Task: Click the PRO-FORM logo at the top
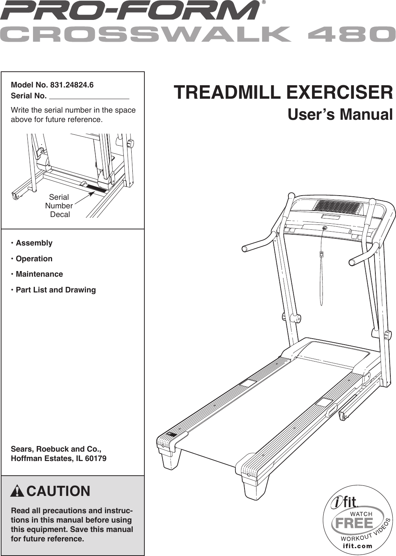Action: [129, 11]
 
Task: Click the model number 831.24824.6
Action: [72, 85]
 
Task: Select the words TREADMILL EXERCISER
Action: [283, 92]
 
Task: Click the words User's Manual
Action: [340, 115]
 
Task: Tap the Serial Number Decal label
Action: [59, 206]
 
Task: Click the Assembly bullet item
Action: [34, 243]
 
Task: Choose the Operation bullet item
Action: [34, 259]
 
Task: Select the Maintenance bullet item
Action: [39, 274]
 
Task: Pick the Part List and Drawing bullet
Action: [55, 290]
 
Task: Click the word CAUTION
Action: [58, 491]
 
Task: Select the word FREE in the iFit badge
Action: [354, 523]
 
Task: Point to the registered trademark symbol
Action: [264, 2]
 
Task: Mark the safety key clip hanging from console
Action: [321, 255]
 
